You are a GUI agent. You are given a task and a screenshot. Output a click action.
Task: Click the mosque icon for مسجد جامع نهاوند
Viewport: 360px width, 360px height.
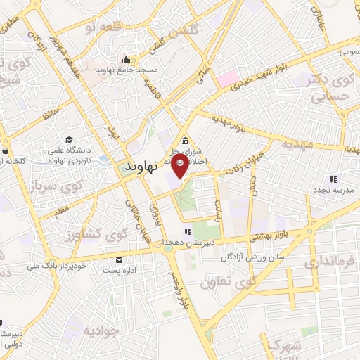click(125, 59)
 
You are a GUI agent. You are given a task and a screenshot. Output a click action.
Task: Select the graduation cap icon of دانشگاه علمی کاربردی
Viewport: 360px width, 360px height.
click(69, 139)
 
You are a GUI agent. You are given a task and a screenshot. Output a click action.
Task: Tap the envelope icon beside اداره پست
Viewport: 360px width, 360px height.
click(117, 259)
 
